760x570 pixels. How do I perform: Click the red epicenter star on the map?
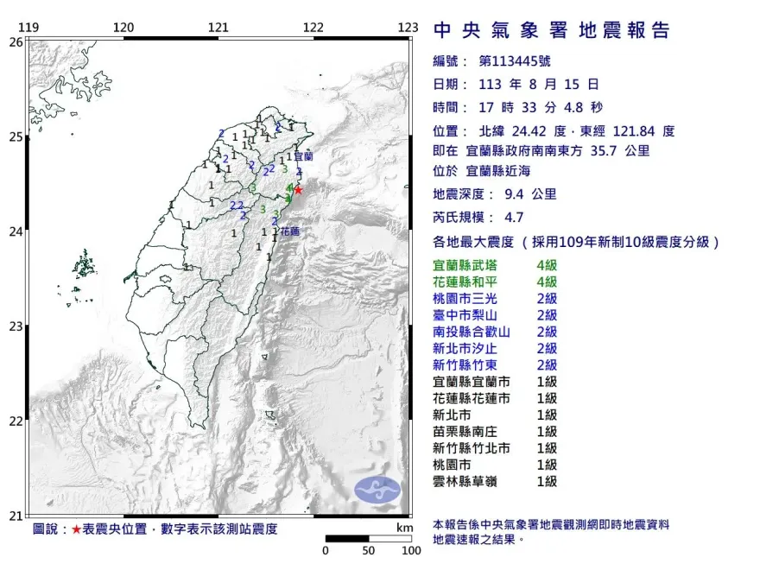298,190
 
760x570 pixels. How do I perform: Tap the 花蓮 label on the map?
288,232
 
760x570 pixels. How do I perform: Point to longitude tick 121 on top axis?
218,28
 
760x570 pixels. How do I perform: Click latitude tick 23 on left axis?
16,326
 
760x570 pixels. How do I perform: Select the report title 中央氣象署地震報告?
552,31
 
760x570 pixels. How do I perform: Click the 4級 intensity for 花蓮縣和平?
547,282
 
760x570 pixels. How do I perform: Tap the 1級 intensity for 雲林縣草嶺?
547,481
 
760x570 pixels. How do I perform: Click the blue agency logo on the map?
377,490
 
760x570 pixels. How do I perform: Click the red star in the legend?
76,529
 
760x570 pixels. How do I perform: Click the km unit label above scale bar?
404,528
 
